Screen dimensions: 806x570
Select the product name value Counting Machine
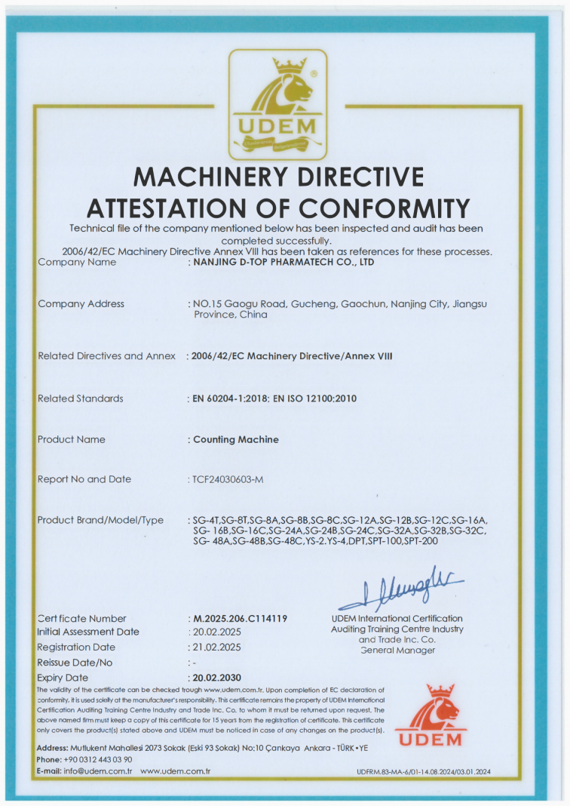tap(236, 439)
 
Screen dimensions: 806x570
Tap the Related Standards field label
tap(80, 398)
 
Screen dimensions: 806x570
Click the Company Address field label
tap(81, 303)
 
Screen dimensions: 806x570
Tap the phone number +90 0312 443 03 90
tap(98, 759)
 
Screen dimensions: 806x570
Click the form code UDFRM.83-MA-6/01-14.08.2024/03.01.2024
tap(423, 772)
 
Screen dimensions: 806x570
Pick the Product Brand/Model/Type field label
tap(100, 520)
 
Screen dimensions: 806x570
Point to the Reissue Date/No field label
tap(75, 662)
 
